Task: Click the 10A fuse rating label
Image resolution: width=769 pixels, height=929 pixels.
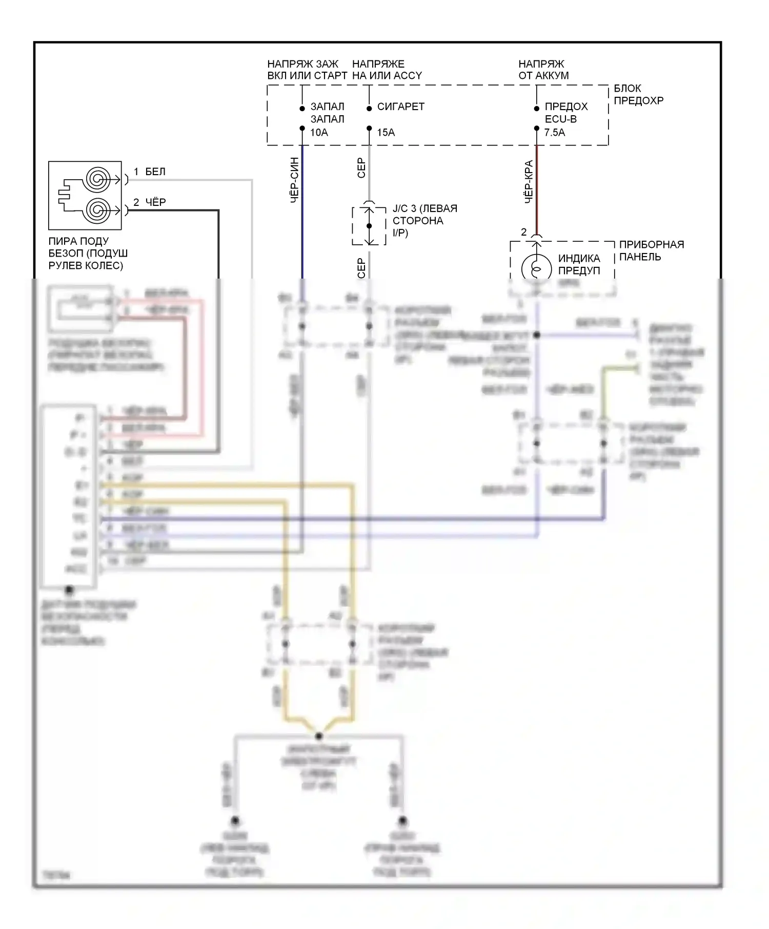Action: pyautogui.click(x=319, y=133)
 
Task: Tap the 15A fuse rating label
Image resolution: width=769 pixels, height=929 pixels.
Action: pyautogui.click(x=386, y=133)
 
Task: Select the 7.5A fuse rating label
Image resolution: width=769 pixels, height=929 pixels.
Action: pyautogui.click(x=554, y=133)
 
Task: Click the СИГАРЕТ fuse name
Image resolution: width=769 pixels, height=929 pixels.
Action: pyautogui.click(x=400, y=107)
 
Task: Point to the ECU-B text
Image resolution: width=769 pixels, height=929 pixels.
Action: pyautogui.click(x=560, y=119)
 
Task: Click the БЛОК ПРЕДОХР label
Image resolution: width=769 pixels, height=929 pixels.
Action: pyautogui.click(x=638, y=95)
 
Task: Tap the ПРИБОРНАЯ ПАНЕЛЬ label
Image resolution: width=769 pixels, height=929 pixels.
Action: pyautogui.click(x=651, y=250)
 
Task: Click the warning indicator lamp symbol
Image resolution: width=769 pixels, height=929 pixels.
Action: pyautogui.click(x=536, y=268)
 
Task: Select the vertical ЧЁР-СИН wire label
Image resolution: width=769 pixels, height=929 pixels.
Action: pyautogui.click(x=295, y=180)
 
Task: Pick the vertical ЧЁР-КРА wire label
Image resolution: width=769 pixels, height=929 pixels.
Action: pyautogui.click(x=529, y=182)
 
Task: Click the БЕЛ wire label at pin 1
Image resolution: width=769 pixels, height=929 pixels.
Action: pyautogui.click(x=155, y=172)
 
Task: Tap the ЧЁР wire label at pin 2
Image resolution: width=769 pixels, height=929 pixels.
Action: pyautogui.click(x=155, y=202)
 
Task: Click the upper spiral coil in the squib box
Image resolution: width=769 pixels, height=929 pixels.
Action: pyautogui.click(x=97, y=179)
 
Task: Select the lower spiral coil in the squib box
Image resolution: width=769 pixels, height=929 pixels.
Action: pyautogui.click(x=97, y=210)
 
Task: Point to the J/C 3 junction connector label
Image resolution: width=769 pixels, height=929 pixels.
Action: pyautogui.click(x=424, y=221)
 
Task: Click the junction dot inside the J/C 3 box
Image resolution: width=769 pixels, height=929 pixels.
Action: pyautogui.click(x=369, y=226)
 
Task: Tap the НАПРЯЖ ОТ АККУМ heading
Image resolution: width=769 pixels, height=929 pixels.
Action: pyautogui.click(x=543, y=70)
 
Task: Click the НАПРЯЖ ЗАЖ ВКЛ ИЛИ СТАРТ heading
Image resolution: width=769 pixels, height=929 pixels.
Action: pyautogui.click(x=307, y=70)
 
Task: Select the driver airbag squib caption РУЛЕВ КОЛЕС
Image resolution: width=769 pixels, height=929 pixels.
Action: pyautogui.click(x=86, y=265)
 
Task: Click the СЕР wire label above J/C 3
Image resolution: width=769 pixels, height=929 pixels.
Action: pyautogui.click(x=361, y=168)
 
